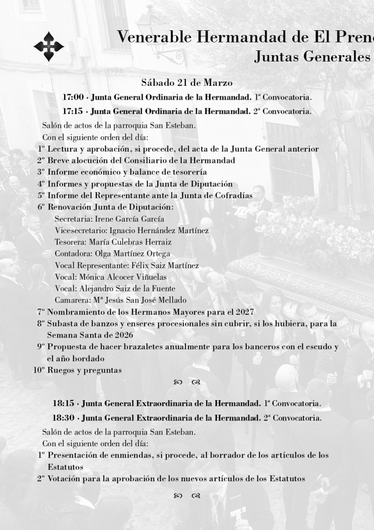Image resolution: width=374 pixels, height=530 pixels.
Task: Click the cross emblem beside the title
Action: [49, 46]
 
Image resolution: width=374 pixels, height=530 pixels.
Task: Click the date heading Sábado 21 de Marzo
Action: [186, 83]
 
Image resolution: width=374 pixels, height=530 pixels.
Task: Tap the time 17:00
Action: [73, 98]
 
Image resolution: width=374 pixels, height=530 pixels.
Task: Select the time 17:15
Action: [73, 111]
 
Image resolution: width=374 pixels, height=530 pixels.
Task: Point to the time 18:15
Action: [63, 404]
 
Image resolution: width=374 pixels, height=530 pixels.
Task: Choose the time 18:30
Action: [63, 418]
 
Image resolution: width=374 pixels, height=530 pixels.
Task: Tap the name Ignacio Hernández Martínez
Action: [159, 231]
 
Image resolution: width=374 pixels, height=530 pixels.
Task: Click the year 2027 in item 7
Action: [243, 312]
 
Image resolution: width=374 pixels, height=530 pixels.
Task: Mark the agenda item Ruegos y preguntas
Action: [85, 370]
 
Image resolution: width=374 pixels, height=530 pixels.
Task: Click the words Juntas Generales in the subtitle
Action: [312, 57]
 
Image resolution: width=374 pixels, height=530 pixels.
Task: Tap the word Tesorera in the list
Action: [70, 242]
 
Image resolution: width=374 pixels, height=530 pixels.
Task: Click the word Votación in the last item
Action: [65, 479]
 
